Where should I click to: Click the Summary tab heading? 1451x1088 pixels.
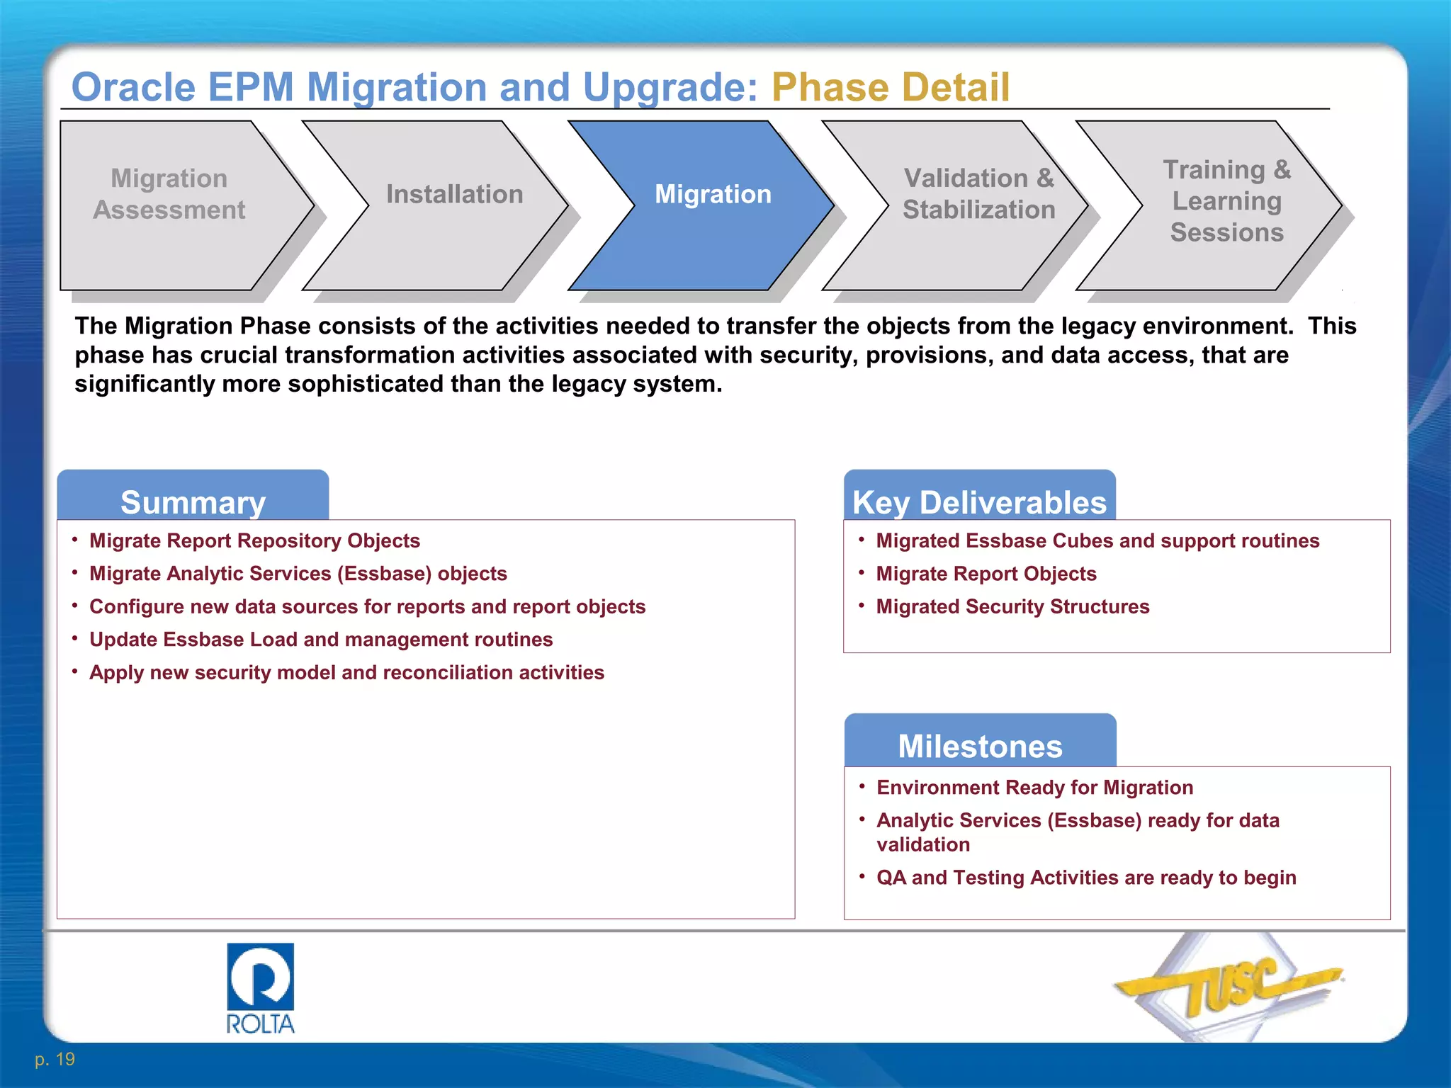pyautogui.click(x=193, y=502)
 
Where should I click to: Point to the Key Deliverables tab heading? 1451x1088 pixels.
pyautogui.click(x=979, y=502)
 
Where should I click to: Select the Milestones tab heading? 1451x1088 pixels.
pyautogui.click(x=980, y=746)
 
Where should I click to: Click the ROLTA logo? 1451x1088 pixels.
pyautogui.click(x=260, y=987)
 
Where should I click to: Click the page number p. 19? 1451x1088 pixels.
pyautogui.click(x=55, y=1059)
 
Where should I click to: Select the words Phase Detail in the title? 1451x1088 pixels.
pyautogui.click(x=890, y=88)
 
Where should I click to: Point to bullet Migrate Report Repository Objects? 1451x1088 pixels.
pyautogui.click(x=254, y=540)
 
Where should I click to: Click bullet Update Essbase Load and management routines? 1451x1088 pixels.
pyautogui.click(x=320, y=639)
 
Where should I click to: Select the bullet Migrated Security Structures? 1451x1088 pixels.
pyautogui.click(x=1012, y=606)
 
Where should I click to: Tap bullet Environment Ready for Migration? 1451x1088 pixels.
pyautogui.click(x=1034, y=787)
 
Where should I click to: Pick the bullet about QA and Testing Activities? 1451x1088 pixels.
pyautogui.click(x=1085, y=877)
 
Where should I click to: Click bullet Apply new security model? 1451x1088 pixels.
pyautogui.click(x=346, y=672)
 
